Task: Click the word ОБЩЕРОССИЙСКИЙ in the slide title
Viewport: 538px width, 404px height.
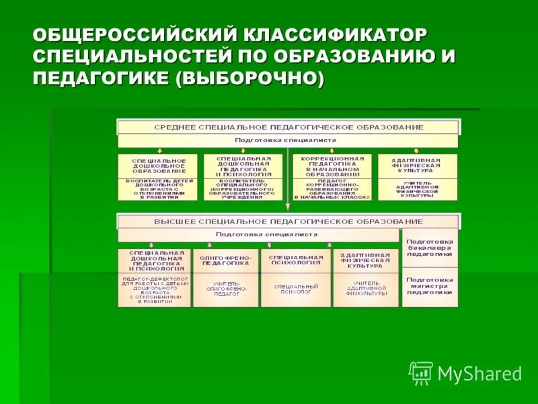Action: pyautogui.click(x=137, y=34)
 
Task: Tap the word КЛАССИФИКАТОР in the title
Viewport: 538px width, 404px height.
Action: pyautogui.click(x=337, y=34)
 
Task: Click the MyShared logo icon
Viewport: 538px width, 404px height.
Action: pyautogui.click(x=421, y=372)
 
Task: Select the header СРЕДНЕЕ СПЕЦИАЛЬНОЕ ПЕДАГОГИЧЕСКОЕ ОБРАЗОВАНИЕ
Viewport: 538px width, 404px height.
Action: pyautogui.click(x=289, y=127)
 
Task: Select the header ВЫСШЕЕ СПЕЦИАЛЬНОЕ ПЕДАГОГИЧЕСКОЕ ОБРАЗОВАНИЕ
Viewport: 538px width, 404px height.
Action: pyautogui.click(x=289, y=222)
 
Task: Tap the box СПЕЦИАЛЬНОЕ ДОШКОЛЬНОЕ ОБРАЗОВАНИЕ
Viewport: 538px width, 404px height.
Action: pyautogui.click(x=158, y=166)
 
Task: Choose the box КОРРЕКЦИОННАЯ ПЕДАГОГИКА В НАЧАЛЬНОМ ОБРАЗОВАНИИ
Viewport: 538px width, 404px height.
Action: pyautogui.click(x=332, y=166)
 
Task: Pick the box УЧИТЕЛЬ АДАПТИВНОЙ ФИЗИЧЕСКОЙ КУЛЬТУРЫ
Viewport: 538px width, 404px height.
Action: pyautogui.click(x=418, y=189)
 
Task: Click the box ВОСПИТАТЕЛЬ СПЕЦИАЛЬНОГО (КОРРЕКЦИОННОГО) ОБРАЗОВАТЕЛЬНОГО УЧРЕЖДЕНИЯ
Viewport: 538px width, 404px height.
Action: pyautogui.click(x=244, y=189)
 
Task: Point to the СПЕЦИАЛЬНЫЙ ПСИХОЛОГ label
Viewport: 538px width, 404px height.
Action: pyautogui.click(x=296, y=290)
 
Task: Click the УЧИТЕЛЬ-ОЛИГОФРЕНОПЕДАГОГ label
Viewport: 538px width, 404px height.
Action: pyautogui.click(x=226, y=290)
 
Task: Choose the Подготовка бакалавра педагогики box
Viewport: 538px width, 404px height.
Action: pyautogui.click(x=430, y=248)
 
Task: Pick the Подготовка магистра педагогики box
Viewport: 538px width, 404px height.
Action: pyautogui.click(x=430, y=286)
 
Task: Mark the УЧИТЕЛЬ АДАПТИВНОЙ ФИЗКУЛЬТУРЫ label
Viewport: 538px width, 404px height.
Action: pyautogui.click(x=367, y=290)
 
